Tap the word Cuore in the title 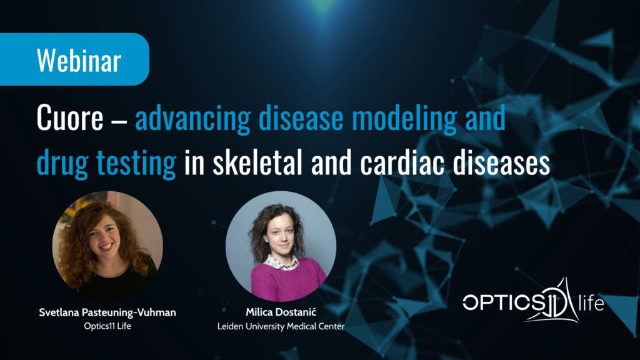click(70, 118)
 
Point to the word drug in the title click(62, 163)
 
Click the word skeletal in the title click(257, 162)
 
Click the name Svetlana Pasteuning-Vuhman click(107, 312)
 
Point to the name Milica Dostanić click(281, 312)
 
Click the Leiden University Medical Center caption click(281, 326)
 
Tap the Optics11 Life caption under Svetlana click(107, 326)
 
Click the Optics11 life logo click(533, 301)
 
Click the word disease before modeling click(301, 118)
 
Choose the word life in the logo click(591, 303)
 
